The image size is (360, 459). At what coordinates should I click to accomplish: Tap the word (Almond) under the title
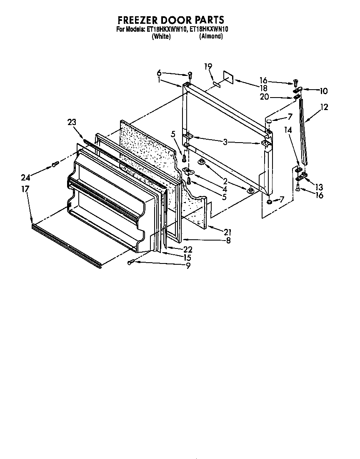(211, 36)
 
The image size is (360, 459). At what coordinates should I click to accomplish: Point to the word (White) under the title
(161, 36)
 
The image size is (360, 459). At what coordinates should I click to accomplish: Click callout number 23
(72, 122)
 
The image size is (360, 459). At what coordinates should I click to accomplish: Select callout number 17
(25, 189)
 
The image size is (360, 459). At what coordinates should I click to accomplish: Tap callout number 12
(324, 107)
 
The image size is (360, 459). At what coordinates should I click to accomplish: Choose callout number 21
(227, 232)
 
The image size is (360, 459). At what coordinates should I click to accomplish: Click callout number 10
(323, 91)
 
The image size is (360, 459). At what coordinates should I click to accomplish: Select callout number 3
(225, 142)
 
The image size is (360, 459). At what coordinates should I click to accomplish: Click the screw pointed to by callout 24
(54, 164)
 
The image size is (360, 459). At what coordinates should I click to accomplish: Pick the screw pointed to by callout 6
(190, 75)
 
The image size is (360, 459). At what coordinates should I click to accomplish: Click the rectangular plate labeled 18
(228, 76)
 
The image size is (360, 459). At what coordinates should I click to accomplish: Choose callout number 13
(319, 187)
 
